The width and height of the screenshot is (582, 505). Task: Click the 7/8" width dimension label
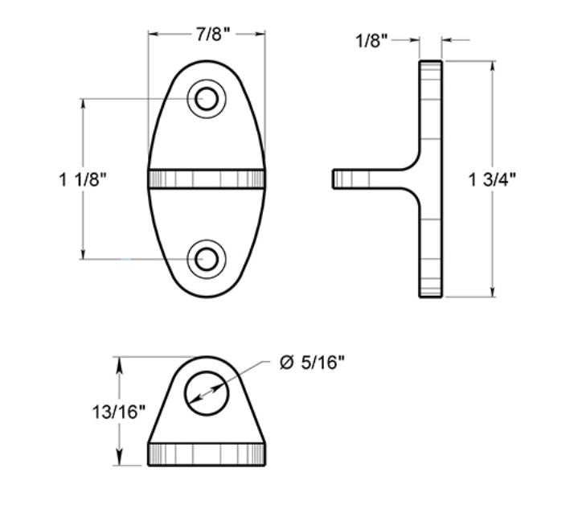[212, 34]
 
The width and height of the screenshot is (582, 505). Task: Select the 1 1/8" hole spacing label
[83, 179]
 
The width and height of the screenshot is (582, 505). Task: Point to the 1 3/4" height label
[492, 179]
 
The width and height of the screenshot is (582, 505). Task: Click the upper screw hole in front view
[207, 99]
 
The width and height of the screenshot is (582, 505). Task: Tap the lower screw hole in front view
[207, 259]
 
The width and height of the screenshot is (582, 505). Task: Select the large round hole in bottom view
[207, 393]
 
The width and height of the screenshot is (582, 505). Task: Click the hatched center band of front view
[207, 179]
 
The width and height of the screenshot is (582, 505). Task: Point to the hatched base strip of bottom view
[207, 454]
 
